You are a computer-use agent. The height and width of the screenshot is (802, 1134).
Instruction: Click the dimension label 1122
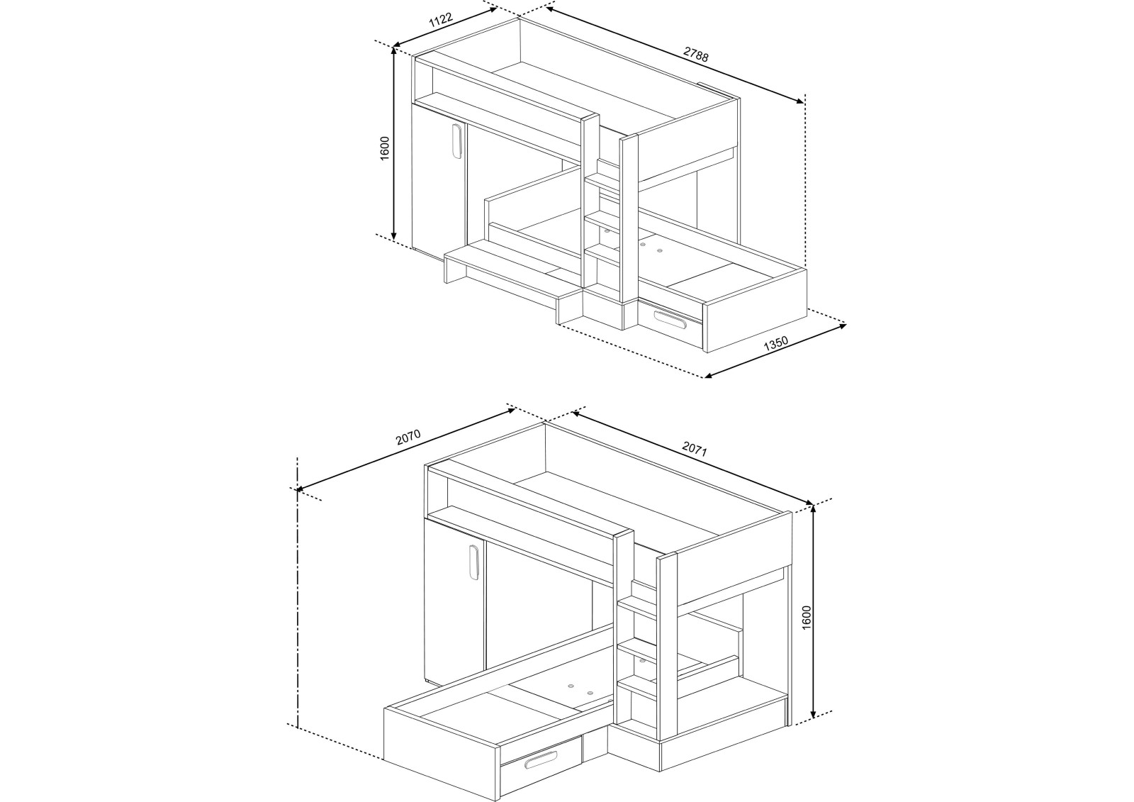click(441, 21)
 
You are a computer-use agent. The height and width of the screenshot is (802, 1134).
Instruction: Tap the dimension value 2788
click(696, 55)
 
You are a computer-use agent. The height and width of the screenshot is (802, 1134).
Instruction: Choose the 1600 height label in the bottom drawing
click(805, 611)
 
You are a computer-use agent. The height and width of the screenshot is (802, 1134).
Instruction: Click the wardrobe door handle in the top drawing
click(456, 141)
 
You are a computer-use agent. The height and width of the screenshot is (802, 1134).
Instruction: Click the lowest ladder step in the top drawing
click(603, 250)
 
